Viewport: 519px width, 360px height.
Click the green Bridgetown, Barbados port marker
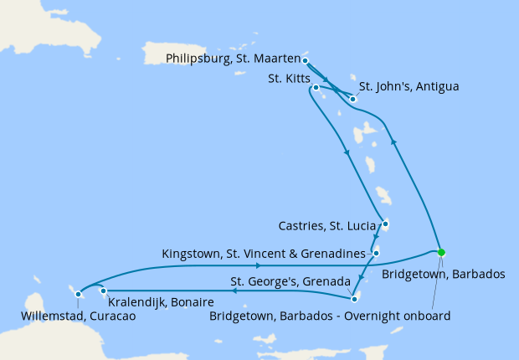tap(441, 252)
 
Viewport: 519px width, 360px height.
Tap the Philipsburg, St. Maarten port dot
tap(306, 60)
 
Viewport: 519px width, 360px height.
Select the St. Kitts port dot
tap(316, 87)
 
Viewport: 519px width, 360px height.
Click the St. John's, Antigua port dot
tap(353, 100)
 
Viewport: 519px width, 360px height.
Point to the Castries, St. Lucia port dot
tap(385, 224)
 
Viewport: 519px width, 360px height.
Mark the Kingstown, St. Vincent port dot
tap(377, 253)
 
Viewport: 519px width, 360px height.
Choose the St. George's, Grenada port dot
tap(354, 298)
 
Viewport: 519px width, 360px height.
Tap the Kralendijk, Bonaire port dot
tap(104, 291)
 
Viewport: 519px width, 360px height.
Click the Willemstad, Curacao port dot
tap(78, 294)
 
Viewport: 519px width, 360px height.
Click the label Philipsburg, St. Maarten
tap(233, 59)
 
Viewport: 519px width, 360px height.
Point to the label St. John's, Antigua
tap(408, 86)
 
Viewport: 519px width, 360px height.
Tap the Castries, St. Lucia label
tap(326, 225)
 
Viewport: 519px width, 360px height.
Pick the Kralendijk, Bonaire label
tap(160, 301)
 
